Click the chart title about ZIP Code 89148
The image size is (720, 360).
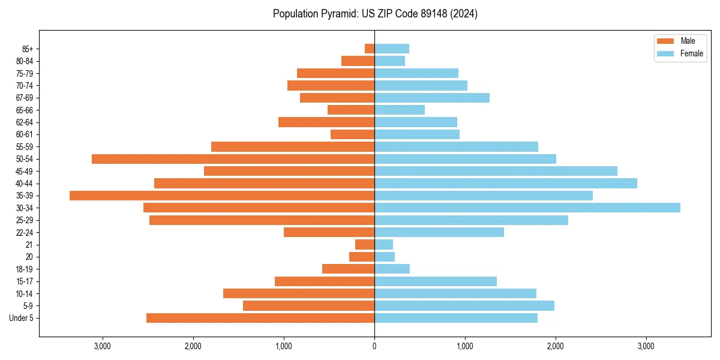coord(375,14)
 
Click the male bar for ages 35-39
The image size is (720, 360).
coord(222,196)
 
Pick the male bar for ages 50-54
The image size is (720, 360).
coord(233,159)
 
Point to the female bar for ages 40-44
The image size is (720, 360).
coord(506,183)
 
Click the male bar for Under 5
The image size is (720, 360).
coord(260,318)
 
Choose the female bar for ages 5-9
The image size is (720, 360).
coord(464,306)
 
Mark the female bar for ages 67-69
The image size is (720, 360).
coord(432,98)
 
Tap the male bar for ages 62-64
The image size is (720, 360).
coord(326,122)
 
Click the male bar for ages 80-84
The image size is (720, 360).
coord(358,61)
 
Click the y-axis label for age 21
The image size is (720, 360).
coord(29,245)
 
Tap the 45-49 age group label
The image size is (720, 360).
coord(24,171)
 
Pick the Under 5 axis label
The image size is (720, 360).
coord(22,318)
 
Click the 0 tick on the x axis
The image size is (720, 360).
coord(374,346)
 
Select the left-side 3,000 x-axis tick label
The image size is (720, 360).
coord(103,346)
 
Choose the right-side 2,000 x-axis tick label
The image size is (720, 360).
coord(556,346)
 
